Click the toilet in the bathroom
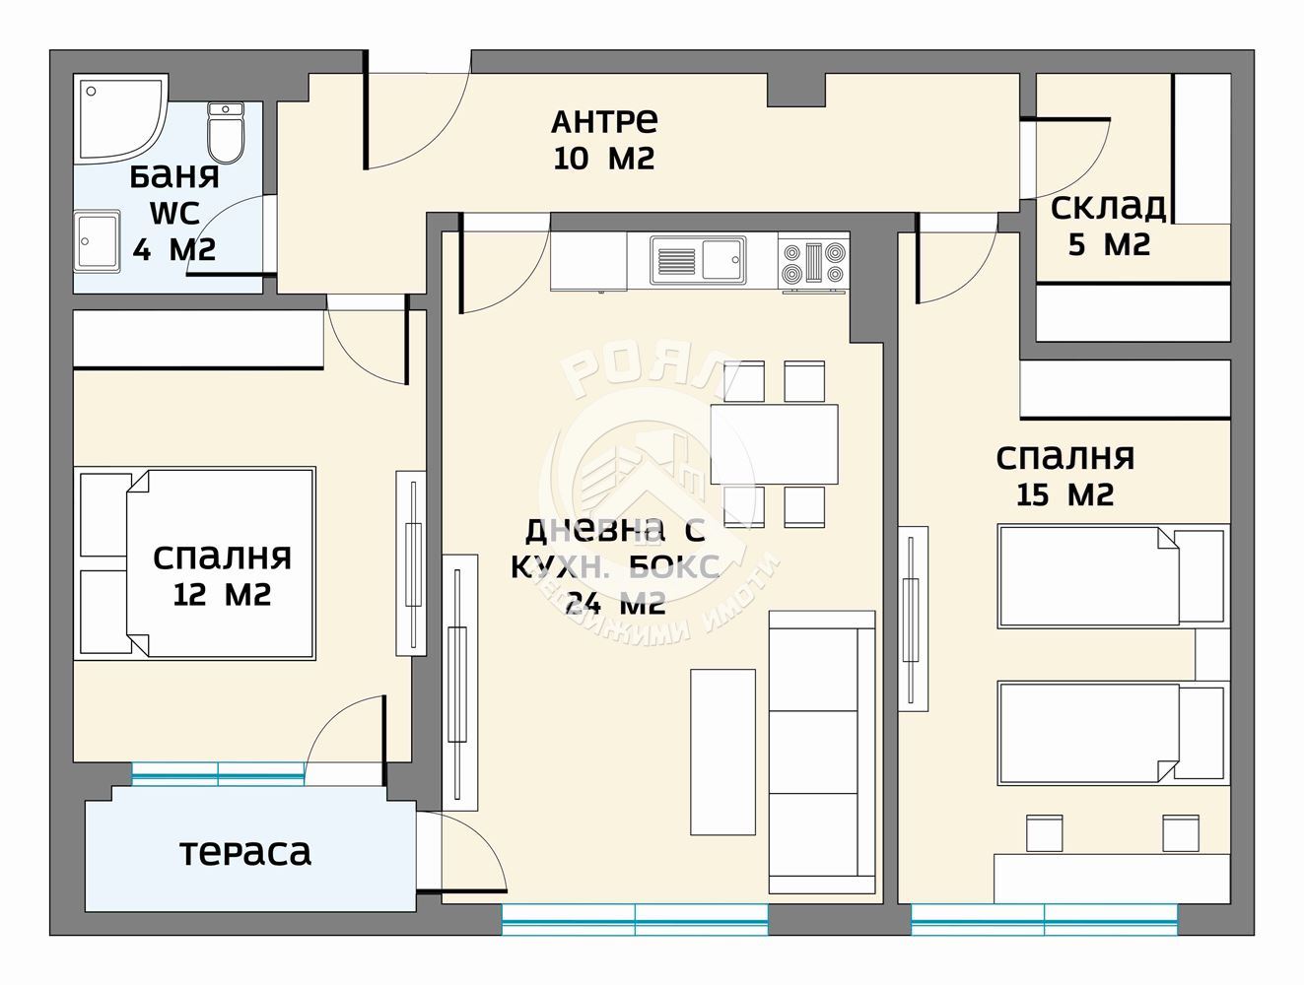click(x=225, y=133)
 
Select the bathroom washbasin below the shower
click(x=97, y=241)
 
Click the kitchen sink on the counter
click(x=698, y=259)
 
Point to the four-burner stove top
click(x=813, y=261)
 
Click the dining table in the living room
click(x=774, y=444)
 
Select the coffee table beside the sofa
click(x=722, y=753)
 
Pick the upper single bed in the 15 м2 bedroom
click(x=1112, y=576)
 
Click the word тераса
click(x=245, y=853)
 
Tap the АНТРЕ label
click(x=604, y=121)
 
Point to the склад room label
click(x=1109, y=207)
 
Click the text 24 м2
click(x=615, y=605)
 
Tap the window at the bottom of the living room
click(x=635, y=920)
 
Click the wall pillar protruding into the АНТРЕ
click(x=796, y=91)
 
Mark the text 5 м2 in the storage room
click(x=1109, y=244)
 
